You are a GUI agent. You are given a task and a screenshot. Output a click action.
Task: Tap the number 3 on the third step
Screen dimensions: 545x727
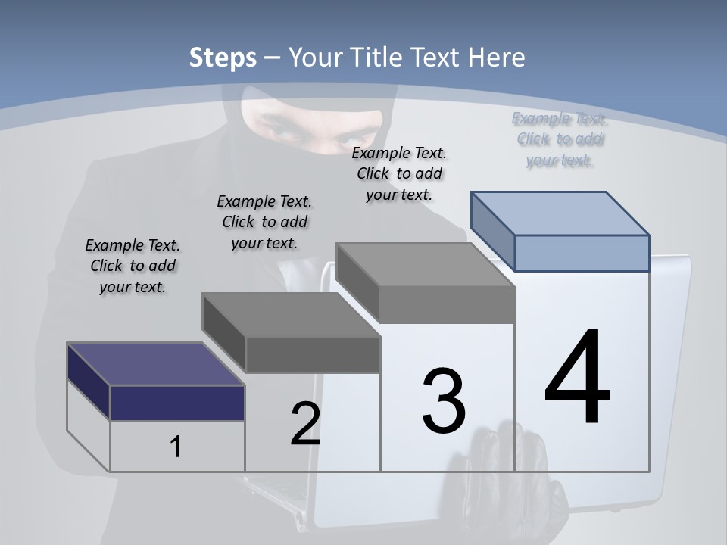(444, 401)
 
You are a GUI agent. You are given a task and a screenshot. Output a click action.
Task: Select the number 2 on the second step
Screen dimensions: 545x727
(305, 424)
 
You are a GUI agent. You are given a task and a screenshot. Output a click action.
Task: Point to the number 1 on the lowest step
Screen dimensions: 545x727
(176, 447)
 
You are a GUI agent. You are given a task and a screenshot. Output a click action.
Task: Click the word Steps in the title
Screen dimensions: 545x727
(223, 58)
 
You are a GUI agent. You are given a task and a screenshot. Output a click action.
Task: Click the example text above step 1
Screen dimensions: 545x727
(133, 266)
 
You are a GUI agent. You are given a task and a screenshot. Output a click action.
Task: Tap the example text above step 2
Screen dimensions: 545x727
(264, 222)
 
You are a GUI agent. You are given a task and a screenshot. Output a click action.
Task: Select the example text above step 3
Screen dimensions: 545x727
(399, 173)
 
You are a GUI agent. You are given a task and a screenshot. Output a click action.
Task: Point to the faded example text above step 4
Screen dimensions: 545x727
(559, 139)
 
